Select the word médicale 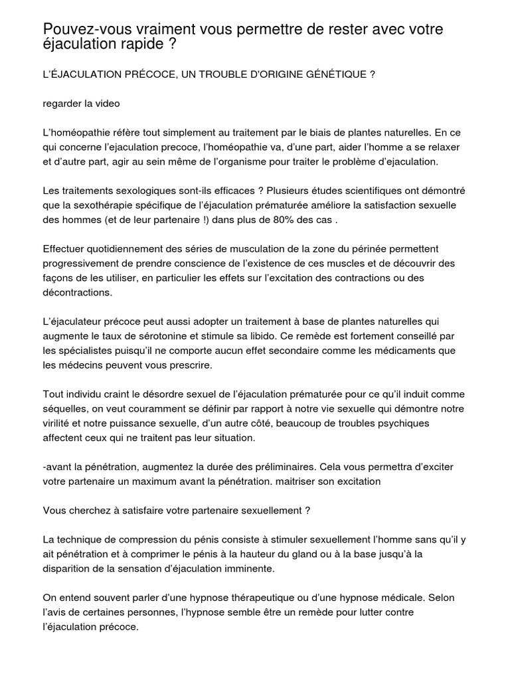(x=406, y=599)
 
